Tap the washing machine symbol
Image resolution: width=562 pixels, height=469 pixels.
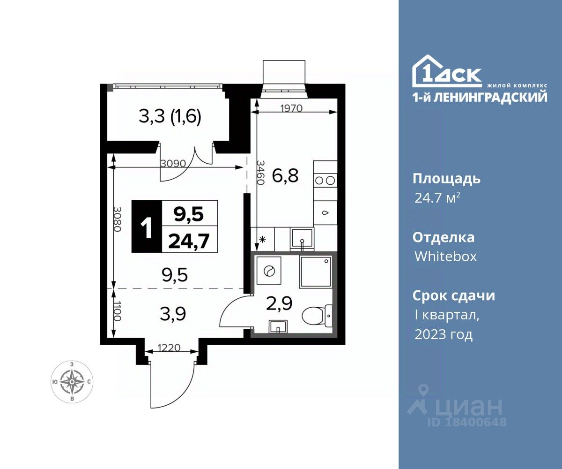click(269, 271)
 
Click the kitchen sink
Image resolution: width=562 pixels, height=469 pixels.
click(302, 239)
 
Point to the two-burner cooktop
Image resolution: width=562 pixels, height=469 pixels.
click(325, 180)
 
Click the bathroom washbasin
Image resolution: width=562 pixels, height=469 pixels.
click(278, 327)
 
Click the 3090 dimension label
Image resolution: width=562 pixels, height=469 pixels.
click(173, 164)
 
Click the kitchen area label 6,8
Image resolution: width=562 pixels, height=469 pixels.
click(285, 175)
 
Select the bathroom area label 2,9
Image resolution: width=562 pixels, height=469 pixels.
click(279, 304)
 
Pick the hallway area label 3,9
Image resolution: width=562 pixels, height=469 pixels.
click(173, 315)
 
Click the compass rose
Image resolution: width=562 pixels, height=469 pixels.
click(72, 382)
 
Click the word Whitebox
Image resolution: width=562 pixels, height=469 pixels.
click(445, 257)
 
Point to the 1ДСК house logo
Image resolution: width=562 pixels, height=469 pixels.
click(447, 71)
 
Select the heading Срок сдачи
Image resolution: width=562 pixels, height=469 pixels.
click(454, 295)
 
